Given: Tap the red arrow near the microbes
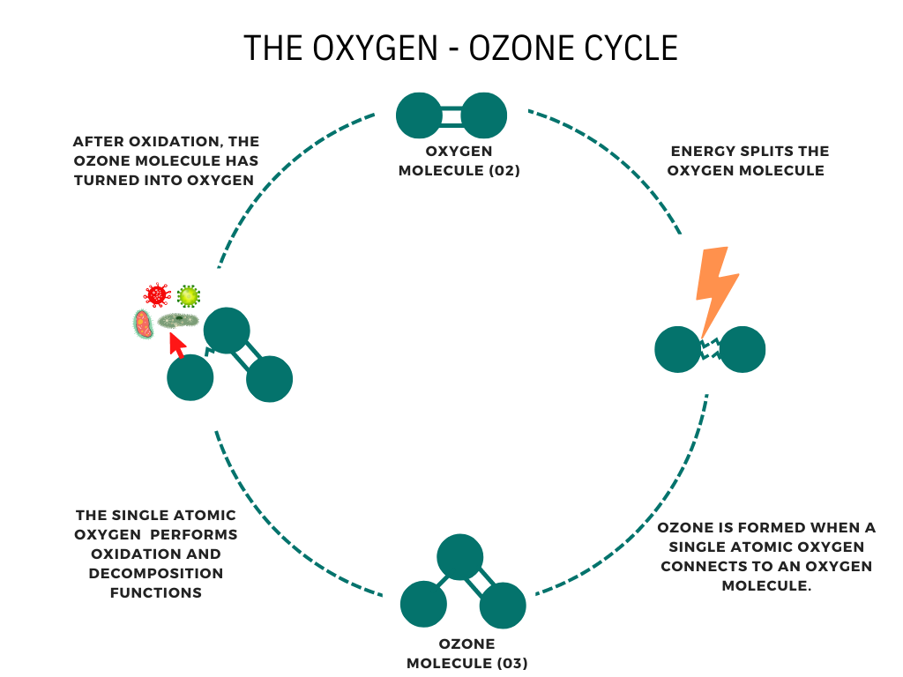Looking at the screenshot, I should coord(177,345).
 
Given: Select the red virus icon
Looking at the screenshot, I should coord(157,295).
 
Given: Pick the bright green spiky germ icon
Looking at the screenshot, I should coord(188,295).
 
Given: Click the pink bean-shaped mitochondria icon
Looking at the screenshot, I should coord(144,324).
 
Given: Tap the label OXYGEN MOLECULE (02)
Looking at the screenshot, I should coord(459,161).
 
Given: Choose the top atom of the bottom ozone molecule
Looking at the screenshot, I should coord(459,557).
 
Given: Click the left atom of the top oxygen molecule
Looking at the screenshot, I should coord(418,115).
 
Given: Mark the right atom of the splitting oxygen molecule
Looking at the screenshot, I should coord(743,349).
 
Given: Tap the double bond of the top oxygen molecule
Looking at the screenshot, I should coord(451,115).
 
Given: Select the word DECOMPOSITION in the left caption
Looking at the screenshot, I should coord(156,574).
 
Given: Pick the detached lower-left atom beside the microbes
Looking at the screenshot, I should coord(190,378).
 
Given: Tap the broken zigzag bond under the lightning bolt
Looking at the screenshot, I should coord(711,349).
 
